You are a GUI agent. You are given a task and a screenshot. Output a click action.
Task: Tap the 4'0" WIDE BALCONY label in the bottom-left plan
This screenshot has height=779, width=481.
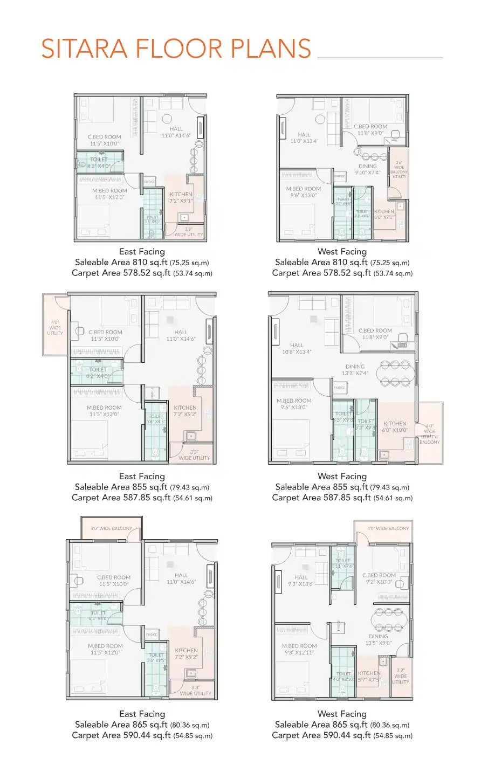111,528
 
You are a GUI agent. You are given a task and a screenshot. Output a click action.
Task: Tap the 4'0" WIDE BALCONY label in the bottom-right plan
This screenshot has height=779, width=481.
388,528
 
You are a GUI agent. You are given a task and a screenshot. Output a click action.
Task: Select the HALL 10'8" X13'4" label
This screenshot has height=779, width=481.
297,348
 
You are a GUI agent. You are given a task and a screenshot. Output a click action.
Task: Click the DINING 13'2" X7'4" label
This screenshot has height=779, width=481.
355,369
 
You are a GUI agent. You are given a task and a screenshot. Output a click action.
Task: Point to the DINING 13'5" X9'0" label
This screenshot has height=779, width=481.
379,639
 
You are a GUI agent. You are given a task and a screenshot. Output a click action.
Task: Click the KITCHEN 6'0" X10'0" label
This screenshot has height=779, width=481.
395,427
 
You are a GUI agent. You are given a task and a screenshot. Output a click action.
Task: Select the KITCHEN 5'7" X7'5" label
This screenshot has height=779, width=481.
369,676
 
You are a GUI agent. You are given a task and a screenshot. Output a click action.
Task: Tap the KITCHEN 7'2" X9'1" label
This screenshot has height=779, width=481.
181,197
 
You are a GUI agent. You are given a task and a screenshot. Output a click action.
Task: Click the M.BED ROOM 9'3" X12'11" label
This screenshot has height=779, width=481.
299,649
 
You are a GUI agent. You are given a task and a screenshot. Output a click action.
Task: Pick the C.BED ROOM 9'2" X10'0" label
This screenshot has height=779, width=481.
379,578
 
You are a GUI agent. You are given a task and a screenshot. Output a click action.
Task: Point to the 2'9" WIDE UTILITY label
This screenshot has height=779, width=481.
189,232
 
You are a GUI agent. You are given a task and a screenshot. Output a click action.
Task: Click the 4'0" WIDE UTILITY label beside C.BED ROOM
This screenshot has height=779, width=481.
55,328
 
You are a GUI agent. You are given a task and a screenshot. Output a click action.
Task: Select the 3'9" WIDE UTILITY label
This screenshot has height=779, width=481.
401,676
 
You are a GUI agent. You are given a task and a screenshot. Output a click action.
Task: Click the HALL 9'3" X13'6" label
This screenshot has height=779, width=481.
301,581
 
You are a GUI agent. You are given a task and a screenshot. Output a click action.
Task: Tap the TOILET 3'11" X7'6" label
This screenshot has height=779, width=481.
343,563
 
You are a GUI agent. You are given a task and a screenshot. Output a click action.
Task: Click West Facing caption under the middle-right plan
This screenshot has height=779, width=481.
342,476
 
